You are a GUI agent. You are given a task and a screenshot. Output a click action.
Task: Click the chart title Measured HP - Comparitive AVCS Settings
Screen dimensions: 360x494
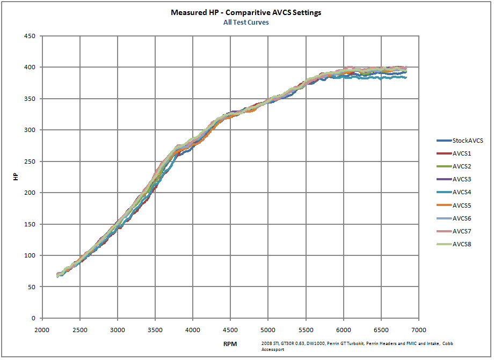(246, 12)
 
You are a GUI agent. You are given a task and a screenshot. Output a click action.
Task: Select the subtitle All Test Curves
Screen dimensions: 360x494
(246, 23)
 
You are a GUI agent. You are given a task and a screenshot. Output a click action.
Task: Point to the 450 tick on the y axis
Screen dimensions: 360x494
(30, 36)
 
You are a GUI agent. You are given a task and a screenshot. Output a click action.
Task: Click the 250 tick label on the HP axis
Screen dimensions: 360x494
(30, 161)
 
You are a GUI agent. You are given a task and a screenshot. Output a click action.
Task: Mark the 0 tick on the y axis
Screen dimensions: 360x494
(33, 318)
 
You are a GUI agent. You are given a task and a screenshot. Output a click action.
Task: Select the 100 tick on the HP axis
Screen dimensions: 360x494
(30, 255)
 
